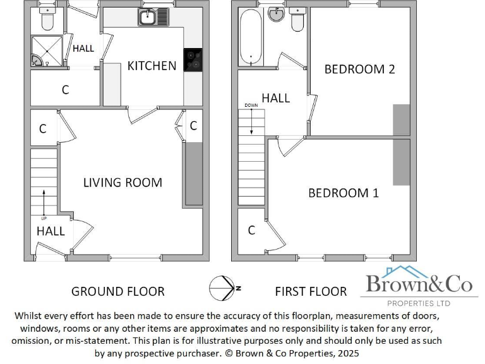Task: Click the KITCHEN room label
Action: point(152,66)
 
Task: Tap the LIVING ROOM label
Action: point(123,183)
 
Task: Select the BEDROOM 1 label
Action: point(344,193)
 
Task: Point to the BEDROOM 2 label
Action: point(359,69)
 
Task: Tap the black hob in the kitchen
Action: point(192,60)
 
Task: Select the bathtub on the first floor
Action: point(251,37)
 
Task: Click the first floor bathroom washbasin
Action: point(277,15)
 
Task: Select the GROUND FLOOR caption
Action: point(118,291)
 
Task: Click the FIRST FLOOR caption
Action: point(311,291)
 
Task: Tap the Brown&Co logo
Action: point(419,286)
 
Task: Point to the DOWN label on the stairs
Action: point(251,105)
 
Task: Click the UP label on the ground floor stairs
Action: point(44,218)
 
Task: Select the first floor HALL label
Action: point(275,98)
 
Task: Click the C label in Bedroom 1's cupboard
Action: point(251,231)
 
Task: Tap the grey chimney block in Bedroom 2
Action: point(400,119)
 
